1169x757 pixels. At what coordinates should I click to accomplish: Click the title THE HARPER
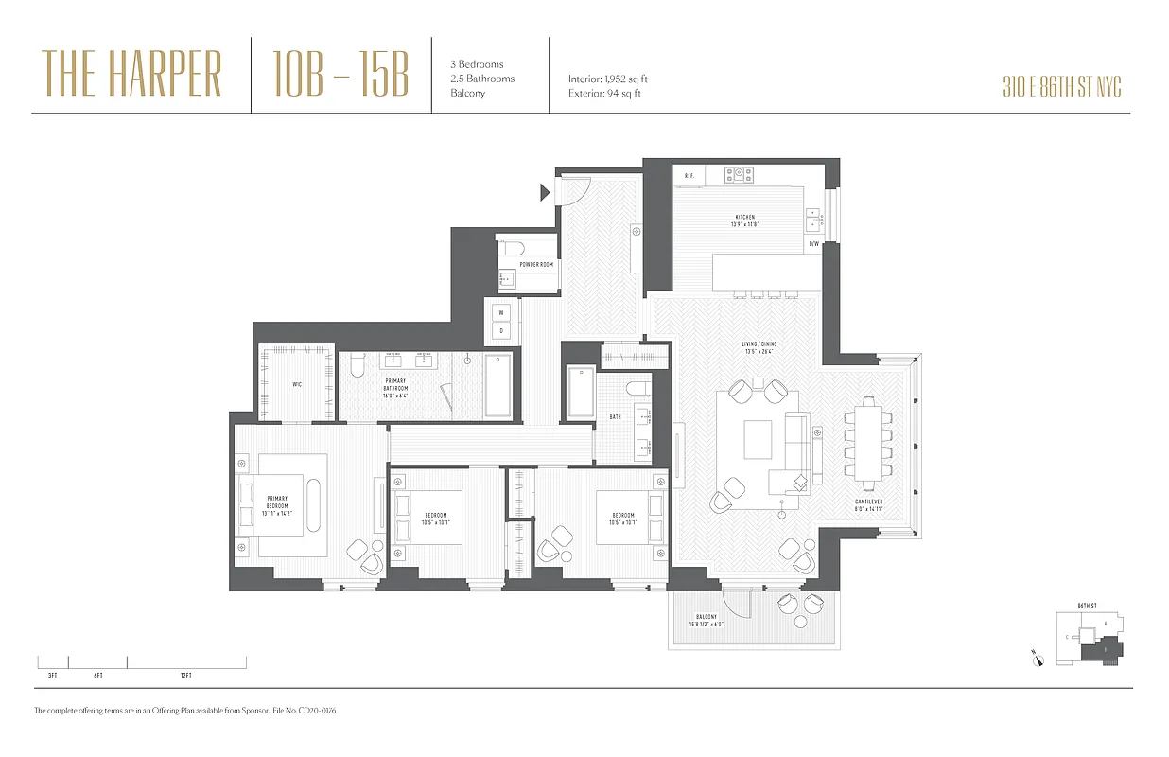132,75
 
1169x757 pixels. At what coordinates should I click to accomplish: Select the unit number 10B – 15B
340,75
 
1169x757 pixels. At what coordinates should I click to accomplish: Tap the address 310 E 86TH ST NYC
1061,88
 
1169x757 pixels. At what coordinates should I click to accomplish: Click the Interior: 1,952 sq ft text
608,79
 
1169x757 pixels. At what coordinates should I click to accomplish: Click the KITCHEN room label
743,218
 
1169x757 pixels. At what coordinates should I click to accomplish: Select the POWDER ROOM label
536,265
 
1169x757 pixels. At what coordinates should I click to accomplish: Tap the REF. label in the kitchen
689,176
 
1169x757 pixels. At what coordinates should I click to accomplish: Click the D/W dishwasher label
813,244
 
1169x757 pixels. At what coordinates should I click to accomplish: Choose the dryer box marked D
502,330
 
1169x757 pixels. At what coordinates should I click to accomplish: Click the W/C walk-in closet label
296,385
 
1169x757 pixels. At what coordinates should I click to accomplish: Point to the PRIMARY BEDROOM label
277,505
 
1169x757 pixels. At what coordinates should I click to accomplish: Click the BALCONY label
707,620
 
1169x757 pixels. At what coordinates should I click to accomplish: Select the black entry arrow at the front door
544,193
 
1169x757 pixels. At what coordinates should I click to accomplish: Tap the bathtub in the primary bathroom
497,385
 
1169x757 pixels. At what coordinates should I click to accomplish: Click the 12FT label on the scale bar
185,676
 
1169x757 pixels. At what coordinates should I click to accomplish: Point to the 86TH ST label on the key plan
1087,606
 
